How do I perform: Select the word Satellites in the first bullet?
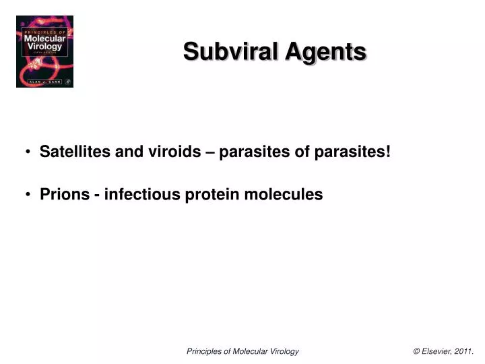(75, 152)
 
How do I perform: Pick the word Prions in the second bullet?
(65, 195)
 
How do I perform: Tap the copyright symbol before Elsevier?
(417, 351)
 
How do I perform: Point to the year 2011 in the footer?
(464, 351)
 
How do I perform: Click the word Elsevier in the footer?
(437, 351)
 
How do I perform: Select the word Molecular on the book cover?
(44, 38)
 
